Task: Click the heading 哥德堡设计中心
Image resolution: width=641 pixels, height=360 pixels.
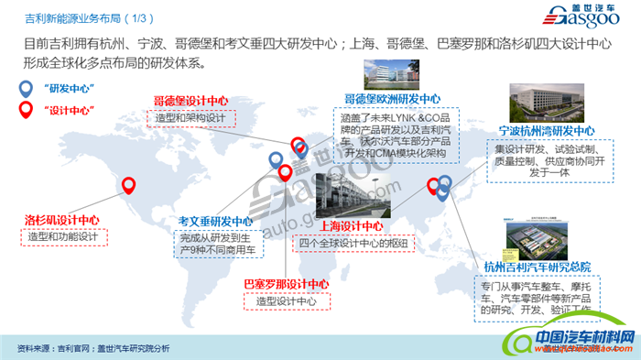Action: point(190,101)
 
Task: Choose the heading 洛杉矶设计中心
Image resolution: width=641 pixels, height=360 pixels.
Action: point(61,220)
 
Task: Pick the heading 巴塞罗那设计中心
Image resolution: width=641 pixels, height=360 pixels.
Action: point(286,283)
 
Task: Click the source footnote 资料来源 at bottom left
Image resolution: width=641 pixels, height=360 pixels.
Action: point(93,348)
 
